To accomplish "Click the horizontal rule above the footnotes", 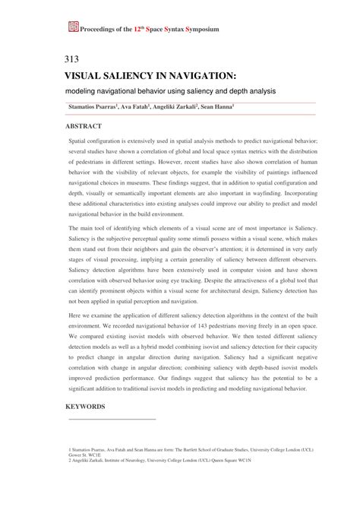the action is [112, 419].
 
